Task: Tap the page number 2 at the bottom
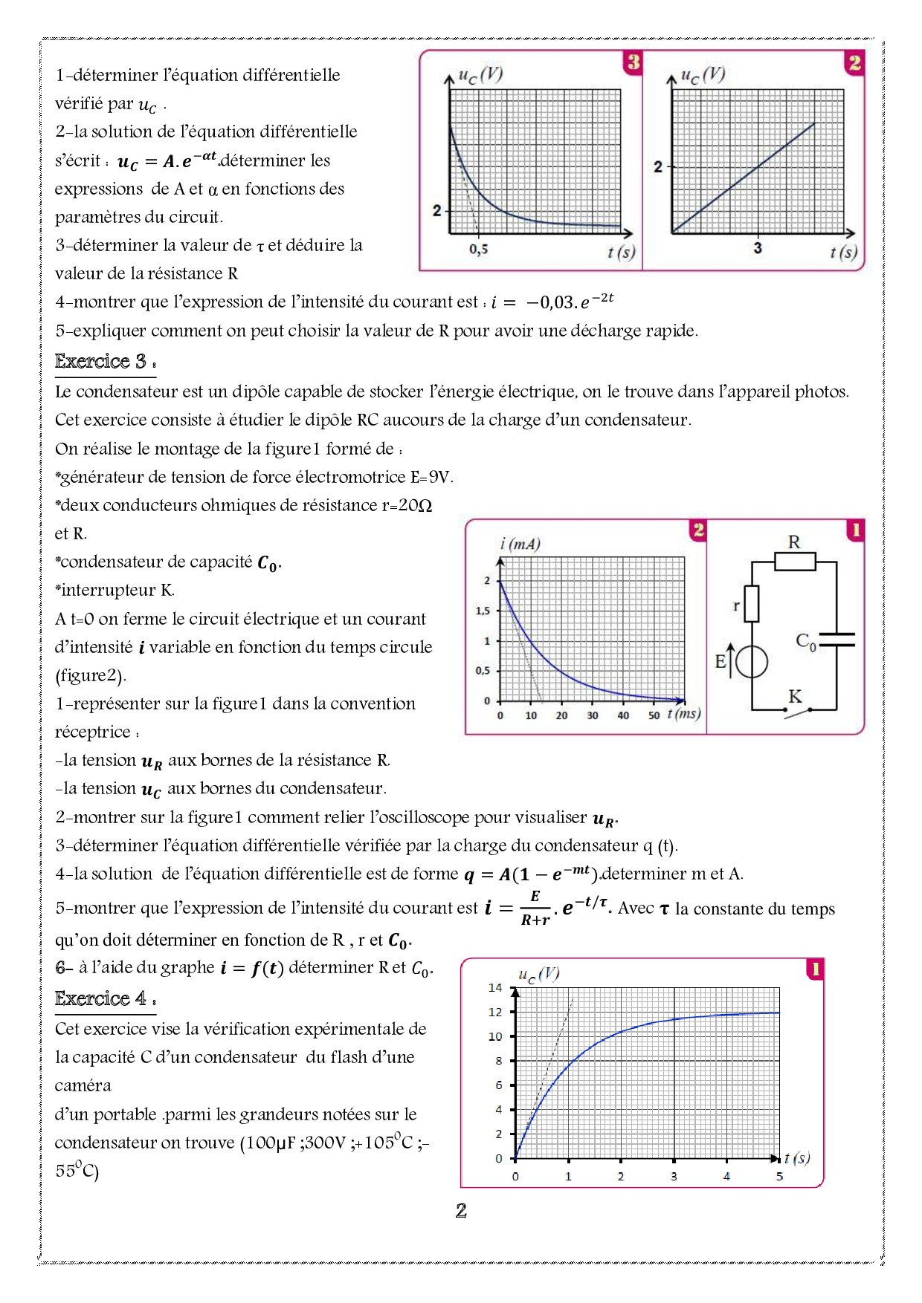[x=461, y=1212]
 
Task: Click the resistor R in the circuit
[x=794, y=561]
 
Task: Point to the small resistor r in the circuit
[x=752, y=603]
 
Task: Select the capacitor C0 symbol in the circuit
[x=836, y=640]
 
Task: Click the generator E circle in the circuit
[x=752, y=661]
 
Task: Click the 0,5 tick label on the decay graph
[x=478, y=250]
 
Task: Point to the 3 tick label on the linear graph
[x=757, y=247]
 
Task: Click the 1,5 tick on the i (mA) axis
[x=483, y=611]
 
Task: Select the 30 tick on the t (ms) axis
[x=592, y=715]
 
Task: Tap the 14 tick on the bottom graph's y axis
[x=495, y=987]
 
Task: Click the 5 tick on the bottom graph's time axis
[x=779, y=1176]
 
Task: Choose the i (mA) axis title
[x=520, y=545]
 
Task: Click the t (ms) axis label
[x=683, y=714]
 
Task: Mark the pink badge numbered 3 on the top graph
[x=633, y=62]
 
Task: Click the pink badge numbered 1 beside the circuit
[x=855, y=530]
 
